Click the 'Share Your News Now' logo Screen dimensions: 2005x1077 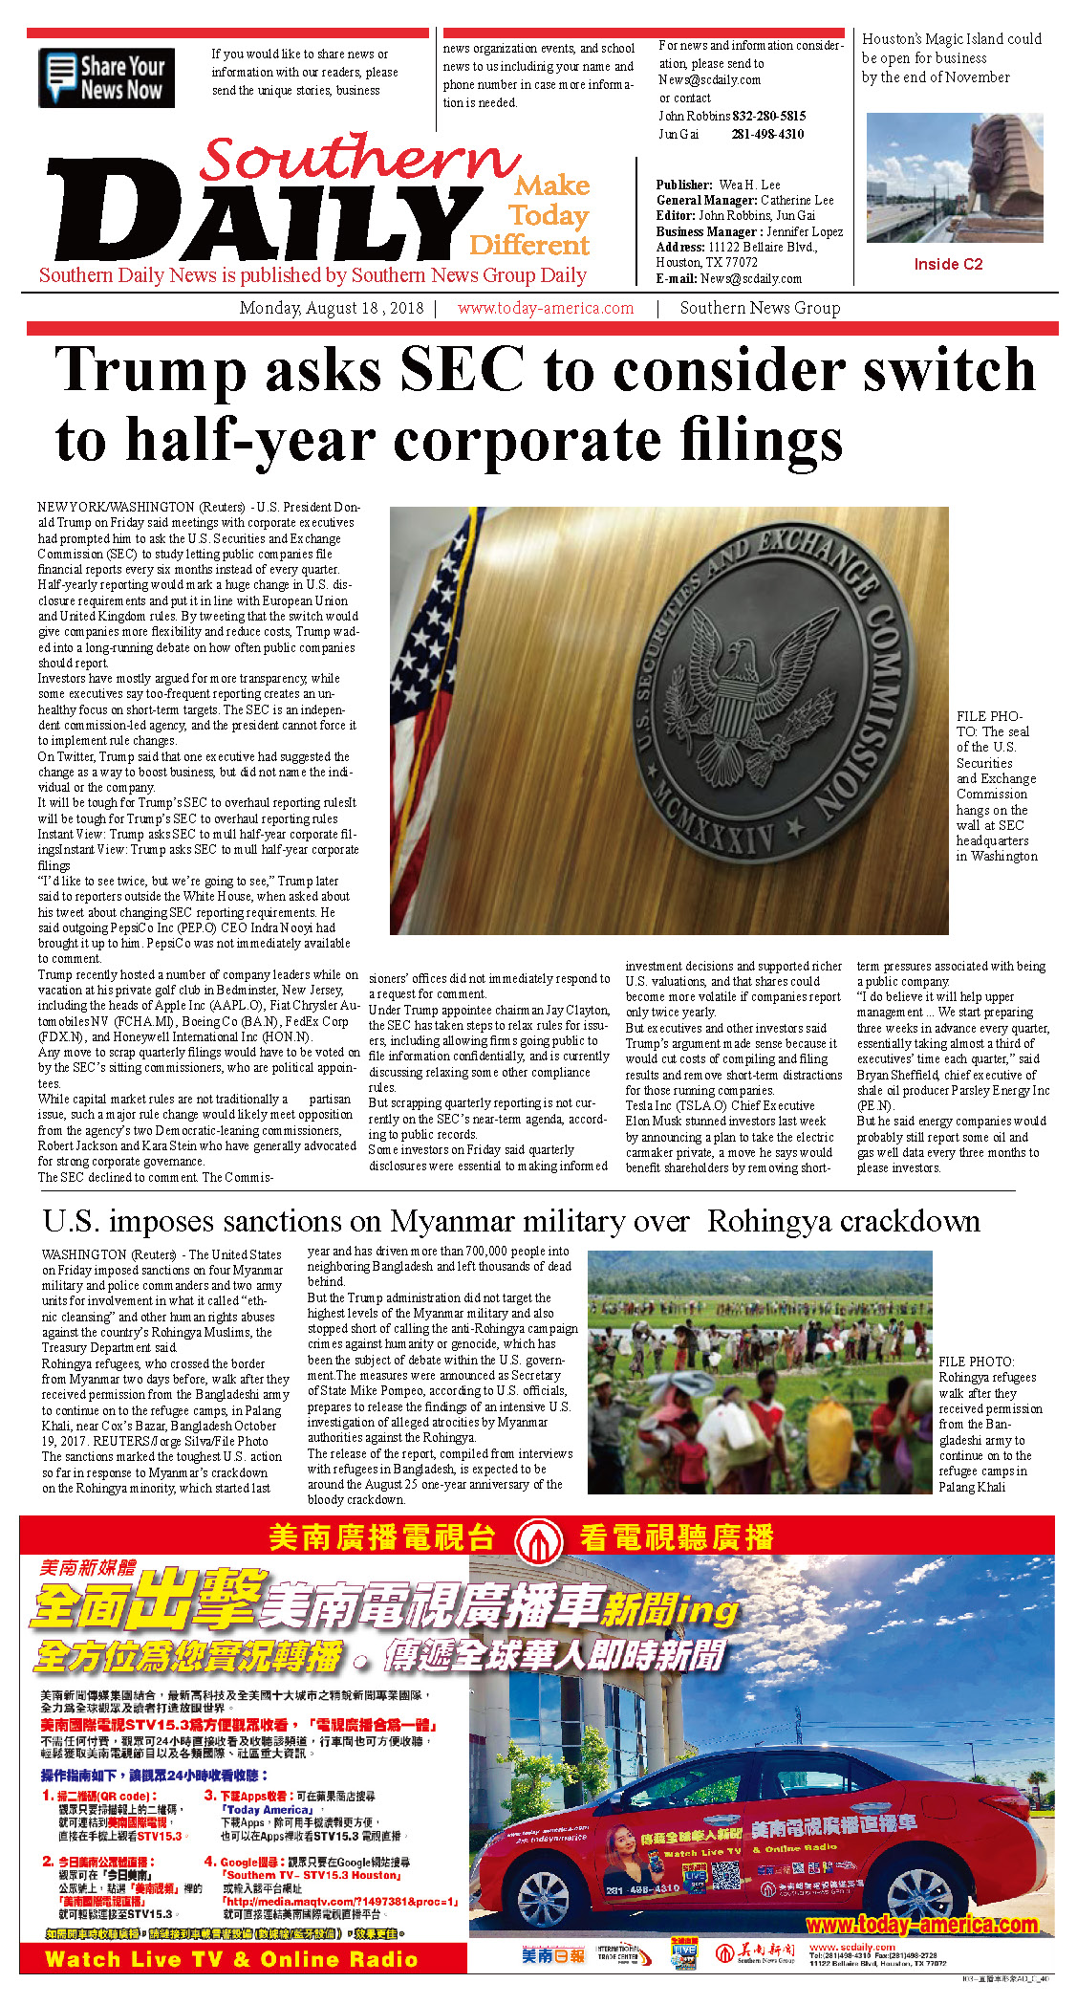106,78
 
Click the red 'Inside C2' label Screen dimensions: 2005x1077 947,265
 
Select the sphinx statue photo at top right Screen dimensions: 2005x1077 954,177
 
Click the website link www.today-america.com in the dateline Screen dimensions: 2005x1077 545,309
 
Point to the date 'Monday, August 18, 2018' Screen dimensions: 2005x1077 331,309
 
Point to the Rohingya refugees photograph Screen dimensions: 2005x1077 759,1372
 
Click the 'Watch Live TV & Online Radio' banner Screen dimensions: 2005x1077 231,1959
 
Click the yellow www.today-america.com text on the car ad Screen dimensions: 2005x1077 921,1925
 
